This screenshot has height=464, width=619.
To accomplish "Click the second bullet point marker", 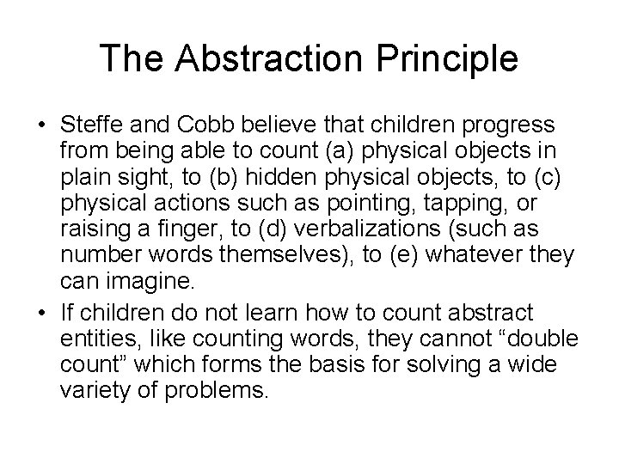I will [41, 312].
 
